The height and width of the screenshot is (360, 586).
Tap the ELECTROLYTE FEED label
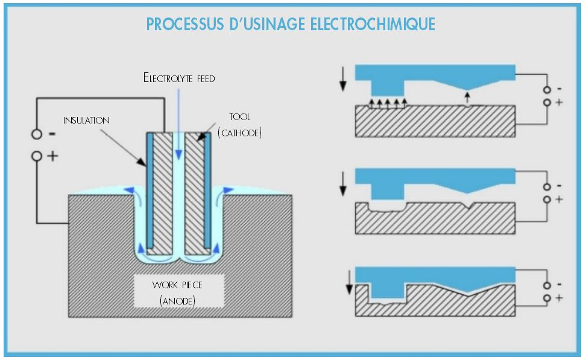[x=179, y=78]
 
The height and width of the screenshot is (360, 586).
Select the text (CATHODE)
[x=239, y=133]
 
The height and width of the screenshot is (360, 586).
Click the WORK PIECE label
[x=177, y=284]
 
